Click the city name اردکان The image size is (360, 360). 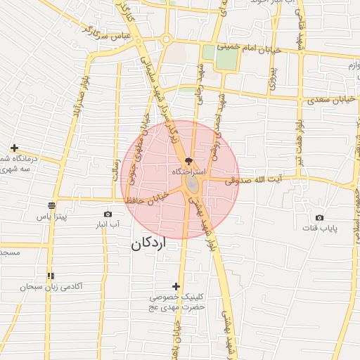pos(148,245)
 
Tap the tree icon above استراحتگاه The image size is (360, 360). pos(188,161)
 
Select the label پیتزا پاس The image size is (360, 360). pos(53,217)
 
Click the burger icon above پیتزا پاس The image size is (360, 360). pos(51,205)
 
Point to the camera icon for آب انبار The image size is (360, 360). pos(108,214)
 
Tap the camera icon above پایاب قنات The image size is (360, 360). pos(320,218)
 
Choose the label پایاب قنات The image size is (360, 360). pos(321,229)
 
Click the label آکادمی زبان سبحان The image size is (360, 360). pos(51,287)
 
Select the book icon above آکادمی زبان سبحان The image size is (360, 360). pos(50,276)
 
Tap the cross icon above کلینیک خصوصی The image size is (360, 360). pos(176,285)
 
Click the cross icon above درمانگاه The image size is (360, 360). pos(14,148)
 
